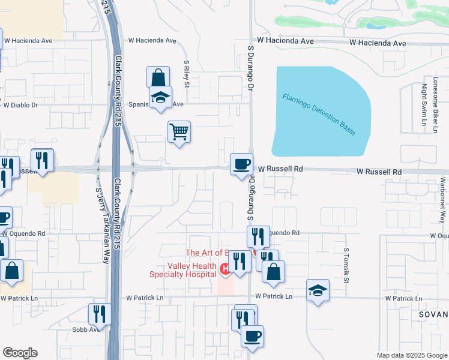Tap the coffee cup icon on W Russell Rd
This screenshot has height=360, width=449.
point(242,164)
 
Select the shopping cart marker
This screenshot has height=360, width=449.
point(179,131)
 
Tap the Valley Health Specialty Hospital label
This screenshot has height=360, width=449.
point(183,271)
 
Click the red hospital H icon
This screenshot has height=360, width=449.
point(226,269)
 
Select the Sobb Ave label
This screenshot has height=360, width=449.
point(85,329)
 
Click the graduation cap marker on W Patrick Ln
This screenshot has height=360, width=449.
point(318,291)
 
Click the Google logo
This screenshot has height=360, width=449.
point(20,353)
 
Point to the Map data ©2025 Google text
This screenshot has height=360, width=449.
point(412,355)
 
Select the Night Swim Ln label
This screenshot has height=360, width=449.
point(424,106)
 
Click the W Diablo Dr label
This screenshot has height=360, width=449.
point(20,105)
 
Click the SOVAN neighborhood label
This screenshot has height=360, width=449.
point(435,314)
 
